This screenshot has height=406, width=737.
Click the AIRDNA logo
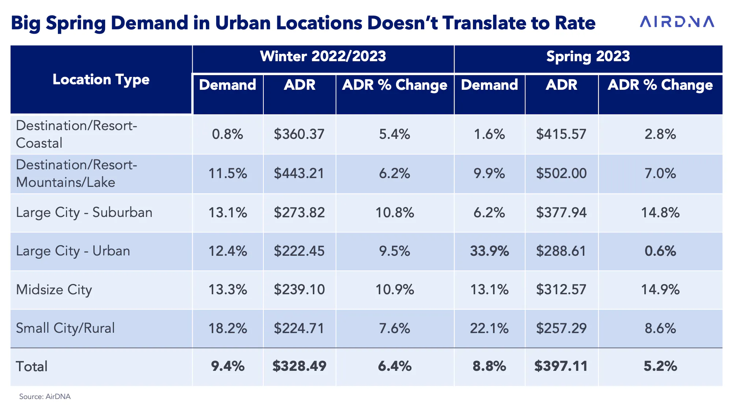pos(677,22)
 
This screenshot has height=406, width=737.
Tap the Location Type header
pos(101,80)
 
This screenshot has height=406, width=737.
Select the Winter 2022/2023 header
pos(323,56)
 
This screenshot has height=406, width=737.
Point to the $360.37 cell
pos(299,134)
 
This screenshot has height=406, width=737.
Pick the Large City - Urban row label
pos(73,251)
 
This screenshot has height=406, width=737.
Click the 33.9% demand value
pos(489,251)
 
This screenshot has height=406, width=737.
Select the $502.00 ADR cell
pos(561,173)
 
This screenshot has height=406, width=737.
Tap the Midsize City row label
pos(54,290)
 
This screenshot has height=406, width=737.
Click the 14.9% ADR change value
pos(660,290)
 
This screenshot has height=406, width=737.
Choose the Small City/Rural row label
pos(65,328)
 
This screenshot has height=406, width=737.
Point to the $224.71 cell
pos(299,328)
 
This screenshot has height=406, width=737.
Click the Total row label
pos(32,366)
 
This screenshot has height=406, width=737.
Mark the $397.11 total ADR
pos(561,366)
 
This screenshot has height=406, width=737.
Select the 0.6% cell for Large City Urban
pos(660,251)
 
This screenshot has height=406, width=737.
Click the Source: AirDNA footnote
pos(45,396)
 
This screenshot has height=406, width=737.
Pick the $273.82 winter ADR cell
pos(299,213)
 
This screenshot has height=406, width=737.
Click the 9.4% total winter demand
pos(228,366)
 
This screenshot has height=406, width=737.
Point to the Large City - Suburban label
pos(84,213)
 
